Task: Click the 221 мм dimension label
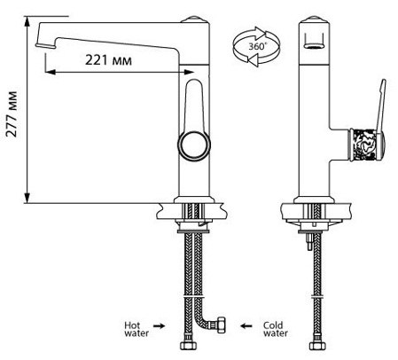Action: tap(108, 60)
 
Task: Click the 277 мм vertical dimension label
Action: tap(12, 113)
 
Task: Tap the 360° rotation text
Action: tap(257, 47)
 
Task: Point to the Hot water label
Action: tap(137, 329)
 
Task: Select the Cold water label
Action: tap(276, 329)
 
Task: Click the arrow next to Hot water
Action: tap(159, 326)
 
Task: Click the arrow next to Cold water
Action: tap(246, 326)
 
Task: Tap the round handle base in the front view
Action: tap(194, 146)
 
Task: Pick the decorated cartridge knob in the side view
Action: tap(367, 145)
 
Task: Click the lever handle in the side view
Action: tap(380, 105)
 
